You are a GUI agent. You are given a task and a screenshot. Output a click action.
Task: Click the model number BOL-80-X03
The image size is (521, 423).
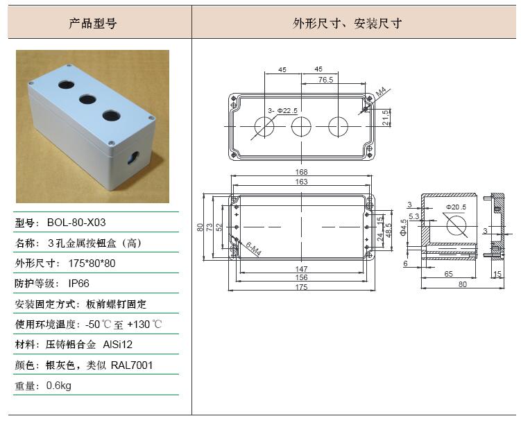(x=76, y=223)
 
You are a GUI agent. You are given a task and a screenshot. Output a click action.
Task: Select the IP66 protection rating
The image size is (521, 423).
(x=79, y=284)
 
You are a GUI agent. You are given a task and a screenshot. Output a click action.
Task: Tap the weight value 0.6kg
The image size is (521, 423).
(x=59, y=386)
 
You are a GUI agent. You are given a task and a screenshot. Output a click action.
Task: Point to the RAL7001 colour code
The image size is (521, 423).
(x=132, y=365)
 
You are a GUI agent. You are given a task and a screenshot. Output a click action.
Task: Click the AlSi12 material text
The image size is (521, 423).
(x=118, y=345)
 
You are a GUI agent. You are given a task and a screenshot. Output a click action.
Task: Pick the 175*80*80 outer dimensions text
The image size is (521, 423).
(x=92, y=264)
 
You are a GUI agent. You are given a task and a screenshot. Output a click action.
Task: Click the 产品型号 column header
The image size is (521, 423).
(x=93, y=24)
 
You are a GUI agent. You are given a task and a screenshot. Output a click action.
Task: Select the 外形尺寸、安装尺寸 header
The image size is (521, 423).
(x=348, y=24)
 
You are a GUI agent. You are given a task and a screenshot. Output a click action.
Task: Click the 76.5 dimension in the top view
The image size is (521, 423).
(x=325, y=80)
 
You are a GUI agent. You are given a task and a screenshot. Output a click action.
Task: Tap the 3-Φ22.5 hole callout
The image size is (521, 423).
(x=283, y=110)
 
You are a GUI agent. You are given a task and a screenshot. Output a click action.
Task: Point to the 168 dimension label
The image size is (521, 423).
(x=301, y=172)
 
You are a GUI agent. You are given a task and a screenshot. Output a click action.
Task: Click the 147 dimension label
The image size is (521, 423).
(x=301, y=268)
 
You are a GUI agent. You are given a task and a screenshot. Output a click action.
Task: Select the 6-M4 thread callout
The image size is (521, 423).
(x=253, y=249)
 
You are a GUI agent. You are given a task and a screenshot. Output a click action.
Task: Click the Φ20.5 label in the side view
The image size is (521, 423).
(x=456, y=207)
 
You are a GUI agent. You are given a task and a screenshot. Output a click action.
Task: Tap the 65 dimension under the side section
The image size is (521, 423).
(x=449, y=274)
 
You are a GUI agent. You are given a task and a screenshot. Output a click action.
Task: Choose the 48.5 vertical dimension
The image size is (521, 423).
(x=388, y=230)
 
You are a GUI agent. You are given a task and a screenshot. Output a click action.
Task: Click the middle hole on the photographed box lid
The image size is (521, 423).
(x=87, y=99)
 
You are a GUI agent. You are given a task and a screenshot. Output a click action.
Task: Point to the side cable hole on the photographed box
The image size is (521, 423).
(x=133, y=157)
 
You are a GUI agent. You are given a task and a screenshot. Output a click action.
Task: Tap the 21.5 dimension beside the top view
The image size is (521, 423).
(x=386, y=117)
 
